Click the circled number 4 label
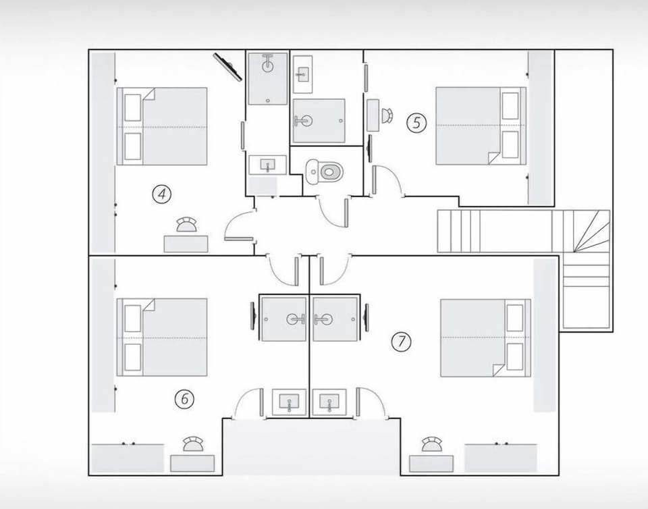[161, 194]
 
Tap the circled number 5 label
[416, 123]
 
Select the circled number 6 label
[184, 399]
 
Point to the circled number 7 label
[401, 342]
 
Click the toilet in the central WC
[325, 171]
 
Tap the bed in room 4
[163, 126]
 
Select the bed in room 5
[480, 126]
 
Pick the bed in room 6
[163, 337]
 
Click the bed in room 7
[485, 338]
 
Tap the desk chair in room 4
[186, 225]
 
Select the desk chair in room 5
[387, 115]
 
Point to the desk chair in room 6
[193, 444]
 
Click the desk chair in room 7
[431, 444]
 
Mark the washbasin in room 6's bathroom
[289, 402]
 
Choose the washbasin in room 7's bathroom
[329, 402]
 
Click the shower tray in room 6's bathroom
[284, 319]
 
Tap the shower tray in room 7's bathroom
[335, 319]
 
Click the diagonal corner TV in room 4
[227, 67]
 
